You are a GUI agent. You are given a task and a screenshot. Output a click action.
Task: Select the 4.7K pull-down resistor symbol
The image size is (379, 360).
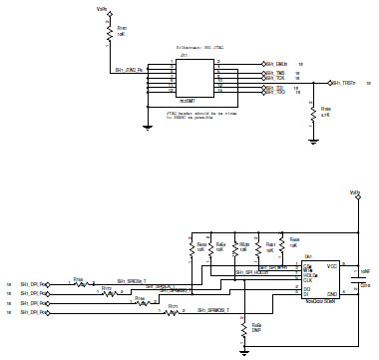pos(314,111)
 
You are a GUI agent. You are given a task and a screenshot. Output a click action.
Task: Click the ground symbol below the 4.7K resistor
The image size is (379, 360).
pos(314,141)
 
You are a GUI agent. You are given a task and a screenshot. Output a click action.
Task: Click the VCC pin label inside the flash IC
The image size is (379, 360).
pos(332,265)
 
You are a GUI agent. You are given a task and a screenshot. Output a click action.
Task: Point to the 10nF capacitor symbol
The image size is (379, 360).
pos(356,278)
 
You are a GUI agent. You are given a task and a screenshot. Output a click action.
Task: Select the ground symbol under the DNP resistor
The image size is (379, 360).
pos(243,348)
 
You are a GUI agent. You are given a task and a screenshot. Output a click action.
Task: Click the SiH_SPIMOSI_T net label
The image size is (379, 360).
pos(207,311)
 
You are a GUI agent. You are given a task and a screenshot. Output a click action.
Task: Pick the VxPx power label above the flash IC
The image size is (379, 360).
pos(355,192)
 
